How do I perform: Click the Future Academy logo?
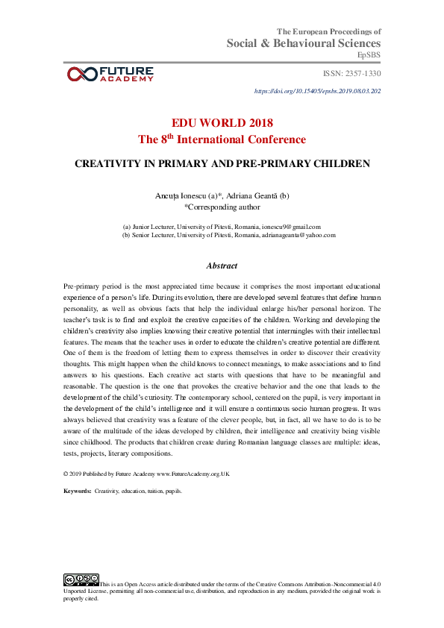point(110,73)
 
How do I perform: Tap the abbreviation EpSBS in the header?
point(369,55)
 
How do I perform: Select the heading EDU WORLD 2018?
point(222,123)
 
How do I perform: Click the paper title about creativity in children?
point(222,163)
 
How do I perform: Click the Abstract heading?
point(222,266)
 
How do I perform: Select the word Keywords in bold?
point(78,492)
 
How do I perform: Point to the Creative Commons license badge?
point(81,580)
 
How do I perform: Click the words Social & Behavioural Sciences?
point(304,44)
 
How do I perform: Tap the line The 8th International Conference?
point(222,139)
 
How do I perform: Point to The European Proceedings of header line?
point(329,31)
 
